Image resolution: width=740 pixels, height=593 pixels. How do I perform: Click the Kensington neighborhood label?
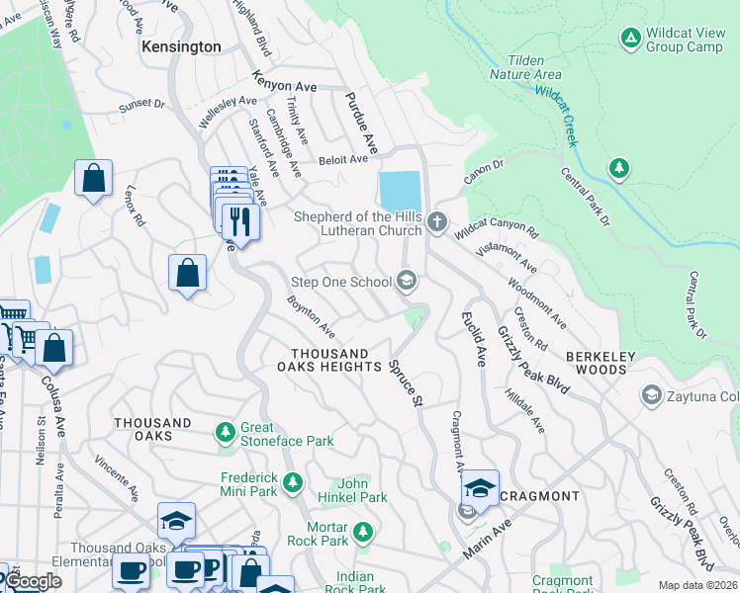[x=181, y=46]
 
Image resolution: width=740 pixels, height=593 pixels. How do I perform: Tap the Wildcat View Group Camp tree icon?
[x=630, y=38]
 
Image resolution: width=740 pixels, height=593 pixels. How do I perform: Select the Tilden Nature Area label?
[x=526, y=67]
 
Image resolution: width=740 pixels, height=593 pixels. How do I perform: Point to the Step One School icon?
[x=406, y=282]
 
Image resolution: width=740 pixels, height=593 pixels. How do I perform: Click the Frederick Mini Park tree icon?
[x=292, y=483]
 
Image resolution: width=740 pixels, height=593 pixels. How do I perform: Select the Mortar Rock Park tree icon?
[x=363, y=533]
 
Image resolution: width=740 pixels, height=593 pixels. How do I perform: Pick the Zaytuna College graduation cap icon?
[x=651, y=395]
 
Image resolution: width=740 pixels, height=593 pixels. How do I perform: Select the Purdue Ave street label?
[x=361, y=124]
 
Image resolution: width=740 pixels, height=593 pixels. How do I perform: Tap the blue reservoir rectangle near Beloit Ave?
[x=400, y=189]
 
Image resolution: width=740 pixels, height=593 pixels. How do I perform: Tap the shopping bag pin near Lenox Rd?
[x=93, y=179]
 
